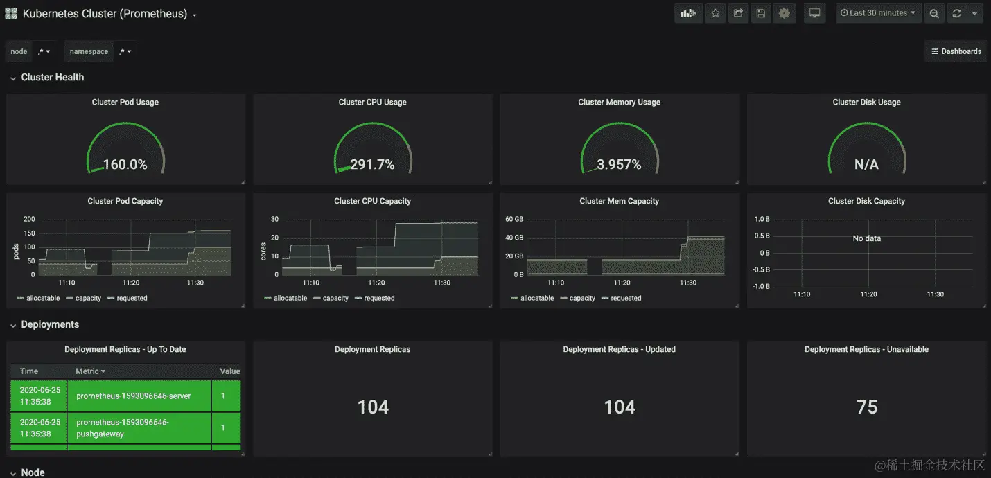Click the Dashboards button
pos(956,51)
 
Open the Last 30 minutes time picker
pos(878,13)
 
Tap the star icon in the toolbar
pos(715,13)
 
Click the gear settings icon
pos(784,13)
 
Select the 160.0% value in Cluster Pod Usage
pos(125,165)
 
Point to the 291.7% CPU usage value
pos(372,165)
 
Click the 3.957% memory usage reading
pos(619,165)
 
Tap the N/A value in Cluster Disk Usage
pos(866,165)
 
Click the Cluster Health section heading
pos(52,77)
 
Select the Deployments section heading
pos(50,324)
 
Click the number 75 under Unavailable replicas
pos(866,407)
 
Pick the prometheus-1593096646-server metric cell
pos(134,396)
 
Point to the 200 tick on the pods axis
pos(29,219)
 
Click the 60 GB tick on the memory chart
pos(514,219)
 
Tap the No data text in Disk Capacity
pos(866,238)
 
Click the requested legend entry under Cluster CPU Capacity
pos(379,299)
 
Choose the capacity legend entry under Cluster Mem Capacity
pos(581,299)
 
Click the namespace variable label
pos(89,51)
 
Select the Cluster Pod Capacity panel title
pos(125,201)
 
